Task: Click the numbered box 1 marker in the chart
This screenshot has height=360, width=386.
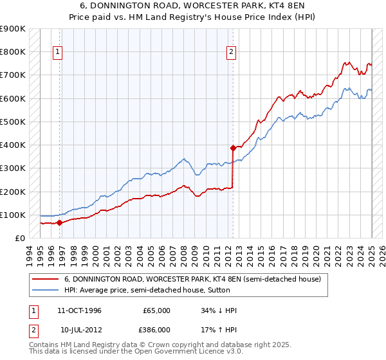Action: (58, 53)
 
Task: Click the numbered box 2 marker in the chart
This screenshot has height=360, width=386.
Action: (231, 53)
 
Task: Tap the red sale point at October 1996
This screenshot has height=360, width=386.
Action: (59, 223)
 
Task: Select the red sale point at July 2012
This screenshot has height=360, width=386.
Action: (233, 147)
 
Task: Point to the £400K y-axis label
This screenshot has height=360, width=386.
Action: (13, 145)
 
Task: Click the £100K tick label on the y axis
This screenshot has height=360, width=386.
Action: (13, 215)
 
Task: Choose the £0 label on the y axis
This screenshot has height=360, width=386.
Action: (19, 238)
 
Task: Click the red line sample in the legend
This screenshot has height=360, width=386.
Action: (45, 279)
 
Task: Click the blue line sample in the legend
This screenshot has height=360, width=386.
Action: (45, 290)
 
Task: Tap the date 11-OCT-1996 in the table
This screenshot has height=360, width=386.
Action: (79, 310)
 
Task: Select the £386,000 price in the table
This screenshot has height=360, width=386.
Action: (156, 329)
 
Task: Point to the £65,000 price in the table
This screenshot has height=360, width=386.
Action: (156, 310)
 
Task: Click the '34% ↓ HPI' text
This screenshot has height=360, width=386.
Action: (219, 310)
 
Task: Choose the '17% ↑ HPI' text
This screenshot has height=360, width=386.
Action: (219, 329)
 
